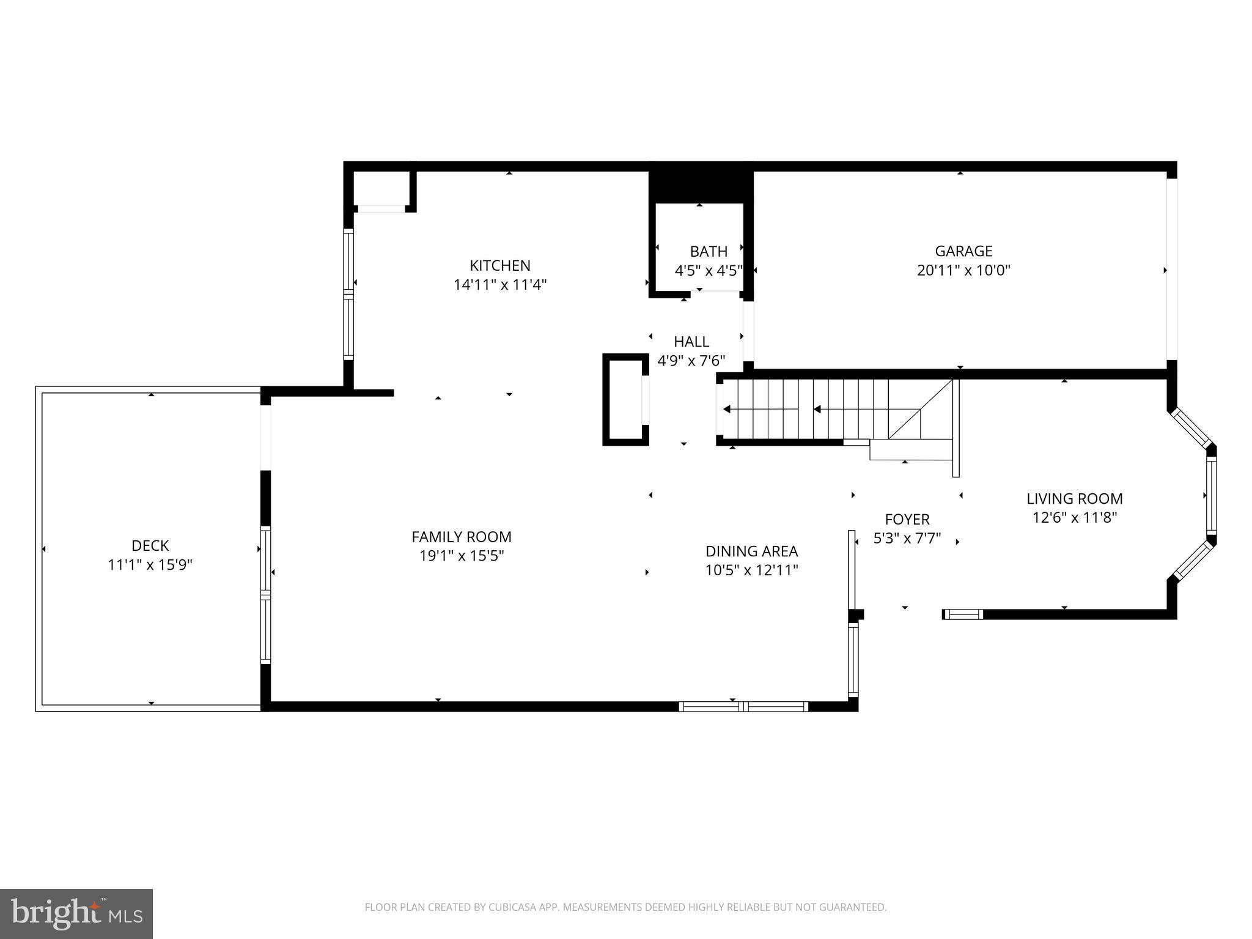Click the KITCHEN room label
pyautogui.click(x=499, y=265)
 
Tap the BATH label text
pyautogui.click(x=709, y=251)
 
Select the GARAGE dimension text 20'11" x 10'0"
pyautogui.click(x=963, y=270)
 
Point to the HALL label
pyautogui.click(x=691, y=342)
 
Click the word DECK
pyautogui.click(x=150, y=545)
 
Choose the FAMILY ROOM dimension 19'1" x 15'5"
pyautogui.click(x=461, y=556)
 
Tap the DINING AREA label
pyautogui.click(x=751, y=551)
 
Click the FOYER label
pyautogui.click(x=907, y=519)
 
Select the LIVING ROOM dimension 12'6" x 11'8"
pyautogui.click(x=1074, y=518)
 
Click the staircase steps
pyautogui.click(x=813, y=409)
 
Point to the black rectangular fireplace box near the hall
pyautogui.click(x=625, y=399)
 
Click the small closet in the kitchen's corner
pyautogui.click(x=381, y=189)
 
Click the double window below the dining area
pyautogui.click(x=743, y=707)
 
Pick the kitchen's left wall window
pyautogui.click(x=348, y=293)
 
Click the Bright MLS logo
pyautogui.click(x=76, y=914)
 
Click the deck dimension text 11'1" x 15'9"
pyautogui.click(x=150, y=565)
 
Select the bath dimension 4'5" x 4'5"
pyautogui.click(x=709, y=270)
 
